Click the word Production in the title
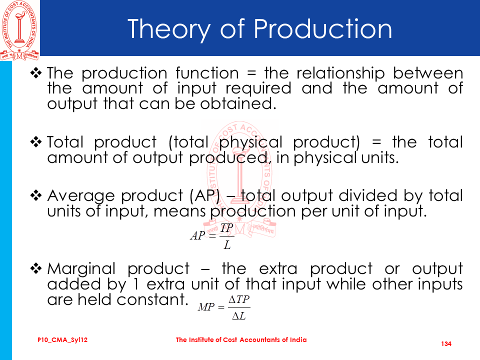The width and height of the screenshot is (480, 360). tap(322, 29)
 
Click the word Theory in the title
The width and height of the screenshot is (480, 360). tap(168, 29)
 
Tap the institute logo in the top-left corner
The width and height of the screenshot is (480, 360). tap(19, 30)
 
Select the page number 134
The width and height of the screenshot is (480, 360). tap(446, 344)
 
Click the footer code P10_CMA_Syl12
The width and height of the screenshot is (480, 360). tap(62, 340)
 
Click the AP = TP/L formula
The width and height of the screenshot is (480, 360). tap(212, 236)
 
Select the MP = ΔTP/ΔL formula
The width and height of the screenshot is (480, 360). tap(224, 307)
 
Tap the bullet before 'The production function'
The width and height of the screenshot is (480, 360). tap(36, 73)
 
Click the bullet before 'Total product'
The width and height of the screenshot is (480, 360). tap(36, 142)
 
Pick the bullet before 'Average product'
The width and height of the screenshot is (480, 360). tap(36, 195)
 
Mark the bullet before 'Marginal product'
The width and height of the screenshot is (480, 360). tap(36, 268)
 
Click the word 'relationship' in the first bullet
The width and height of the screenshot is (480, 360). tap(340, 74)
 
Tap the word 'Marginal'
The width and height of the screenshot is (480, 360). tap(81, 269)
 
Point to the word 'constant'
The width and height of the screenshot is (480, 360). tap(152, 299)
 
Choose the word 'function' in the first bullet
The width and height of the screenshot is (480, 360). tap(207, 73)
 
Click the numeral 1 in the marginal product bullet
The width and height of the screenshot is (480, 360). tap(135, 284)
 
